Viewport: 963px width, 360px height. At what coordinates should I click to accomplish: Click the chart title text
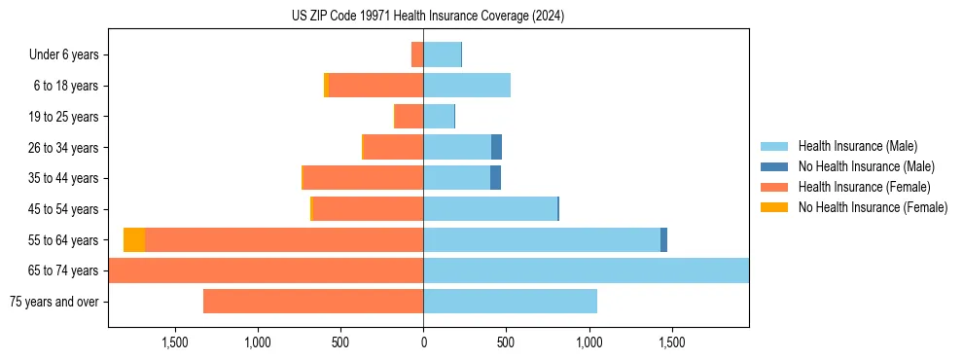[x=428, y=17]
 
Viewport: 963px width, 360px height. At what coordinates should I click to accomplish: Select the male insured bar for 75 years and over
[x=510, y=302]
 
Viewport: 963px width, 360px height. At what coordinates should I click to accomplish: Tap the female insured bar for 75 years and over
[x=313, y=302]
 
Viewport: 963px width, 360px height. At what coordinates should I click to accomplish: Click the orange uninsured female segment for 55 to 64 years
[x=134, y=240]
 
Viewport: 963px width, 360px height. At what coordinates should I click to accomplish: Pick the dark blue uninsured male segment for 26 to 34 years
[x=496, y=148]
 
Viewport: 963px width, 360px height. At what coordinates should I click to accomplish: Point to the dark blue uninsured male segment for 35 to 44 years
[x=495, y=178]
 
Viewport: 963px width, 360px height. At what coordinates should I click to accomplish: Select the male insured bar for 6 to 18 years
[x=467, y=86]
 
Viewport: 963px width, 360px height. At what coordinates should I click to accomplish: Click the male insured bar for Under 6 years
[x=442, y=55]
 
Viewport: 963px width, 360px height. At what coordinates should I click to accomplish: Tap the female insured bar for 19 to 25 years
[x=409, y=117]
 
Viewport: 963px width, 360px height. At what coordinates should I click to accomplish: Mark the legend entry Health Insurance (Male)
[x=855, y=146]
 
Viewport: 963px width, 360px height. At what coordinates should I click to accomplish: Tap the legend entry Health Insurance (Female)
[x=860, y=187]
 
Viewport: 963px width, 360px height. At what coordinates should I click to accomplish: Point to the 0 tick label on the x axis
[x=423, y=343]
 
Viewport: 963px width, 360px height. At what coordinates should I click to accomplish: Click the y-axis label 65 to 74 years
[x=63, y=270]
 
